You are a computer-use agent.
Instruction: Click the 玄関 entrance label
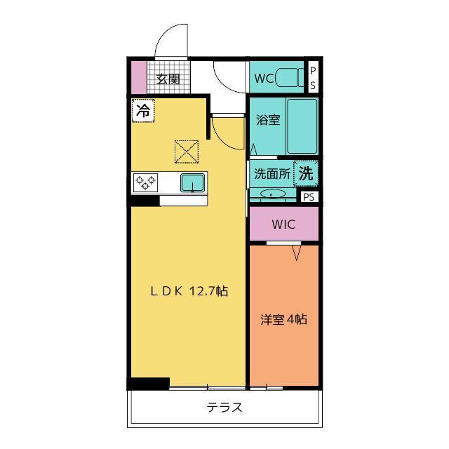tap(168, 79)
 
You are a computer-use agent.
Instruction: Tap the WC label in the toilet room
tap(264, 78)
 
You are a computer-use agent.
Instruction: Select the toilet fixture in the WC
tap(289, 77)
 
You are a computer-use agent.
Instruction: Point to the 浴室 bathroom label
tap(268, 120)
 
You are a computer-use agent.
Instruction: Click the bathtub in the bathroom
tap(302, 126)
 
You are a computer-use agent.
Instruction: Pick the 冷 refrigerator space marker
tap(143, 111)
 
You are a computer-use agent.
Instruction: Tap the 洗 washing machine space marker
tap(306, 173)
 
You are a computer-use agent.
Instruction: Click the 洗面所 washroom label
tap(272, 173)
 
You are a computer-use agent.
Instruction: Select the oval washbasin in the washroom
tap(273, 194)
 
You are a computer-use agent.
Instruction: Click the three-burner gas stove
tap(145, 182)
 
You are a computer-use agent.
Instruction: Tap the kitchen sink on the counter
tap(192, 182)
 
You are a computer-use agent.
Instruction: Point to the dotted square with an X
tap(187, 152)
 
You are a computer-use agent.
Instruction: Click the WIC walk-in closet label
tap(283, 224)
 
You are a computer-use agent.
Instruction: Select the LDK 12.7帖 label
tap(189, 291)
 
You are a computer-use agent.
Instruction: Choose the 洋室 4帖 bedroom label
tap(283, 319)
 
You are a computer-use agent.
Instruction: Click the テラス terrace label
tap(224, 407)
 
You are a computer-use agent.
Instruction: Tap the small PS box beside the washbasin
tap(309, 196)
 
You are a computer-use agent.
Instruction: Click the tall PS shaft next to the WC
tap(313, 77)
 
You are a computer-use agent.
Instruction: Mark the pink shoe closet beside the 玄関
tap(139, 77)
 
